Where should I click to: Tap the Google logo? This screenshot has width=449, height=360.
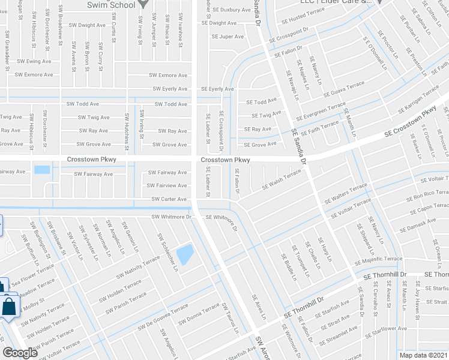click(20, 352)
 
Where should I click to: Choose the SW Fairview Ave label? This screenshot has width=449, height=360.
click(168, 186)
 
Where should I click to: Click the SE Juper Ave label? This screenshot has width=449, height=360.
click(228, 37)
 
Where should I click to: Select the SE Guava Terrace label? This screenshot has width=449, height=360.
click(344, 91)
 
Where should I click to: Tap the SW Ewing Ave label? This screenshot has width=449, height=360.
click(34, 61)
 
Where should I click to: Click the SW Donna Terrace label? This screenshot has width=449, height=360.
click(199, 314)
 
